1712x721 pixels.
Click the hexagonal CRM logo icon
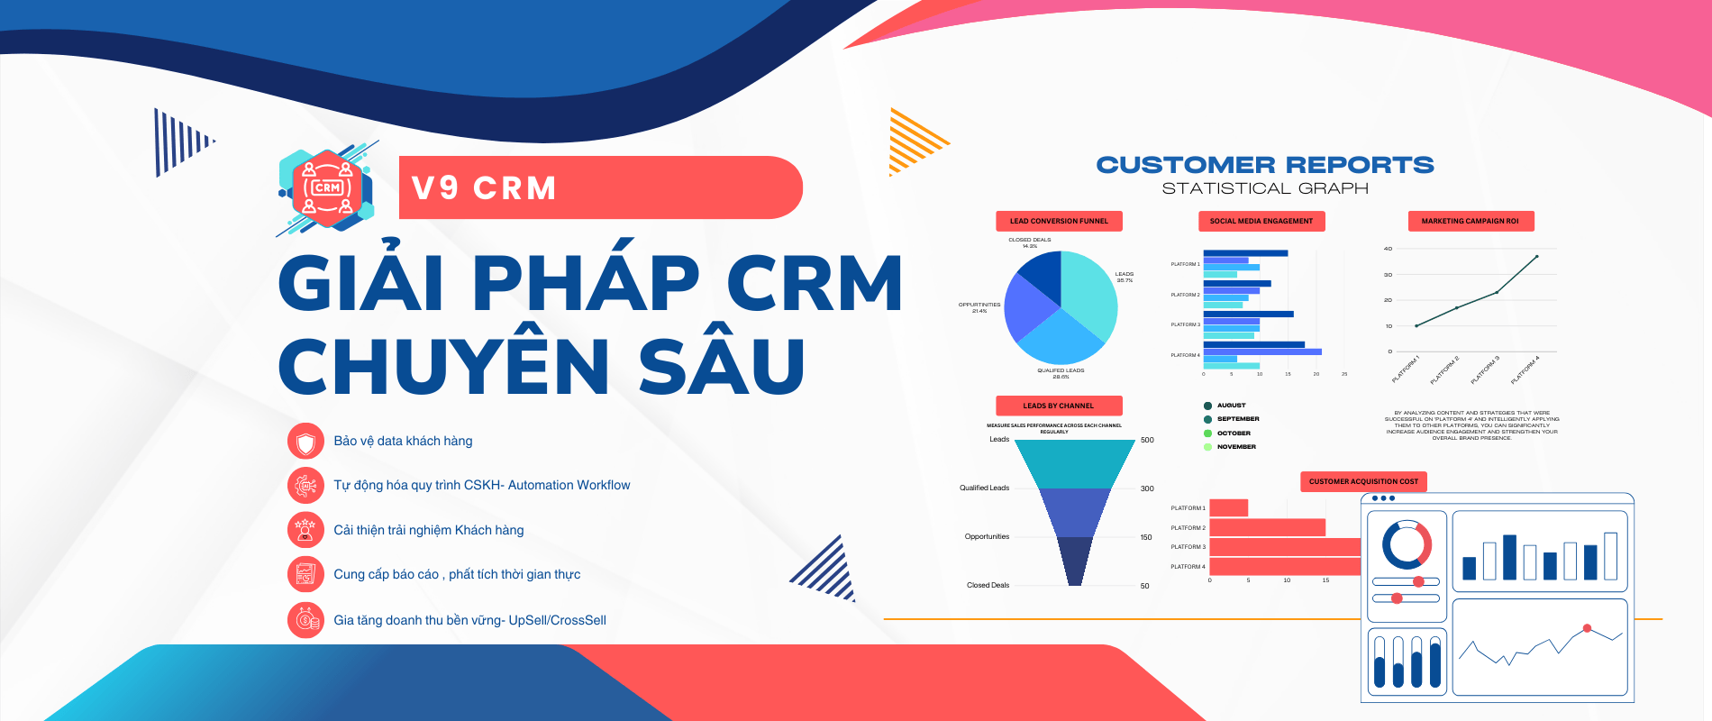[x=326, y=188]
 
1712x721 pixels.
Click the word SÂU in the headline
[x=721, y=366]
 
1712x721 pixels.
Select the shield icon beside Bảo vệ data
[x=305, y=442]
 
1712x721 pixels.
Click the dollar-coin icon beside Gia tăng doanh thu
[x=305, y=620]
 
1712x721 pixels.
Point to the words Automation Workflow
[x=569, y=485]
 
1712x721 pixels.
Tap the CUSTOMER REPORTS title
[x=1264, y=165]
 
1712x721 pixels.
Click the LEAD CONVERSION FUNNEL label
[x=1059, y=221]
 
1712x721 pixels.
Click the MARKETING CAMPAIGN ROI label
[x=1470, y=221]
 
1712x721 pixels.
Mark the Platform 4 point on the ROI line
[x=1536, y=257]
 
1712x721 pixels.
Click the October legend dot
[x=1208, y=434]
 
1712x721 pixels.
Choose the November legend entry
[x=1235, y=447]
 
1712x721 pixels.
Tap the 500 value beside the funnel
[x=1147, y=440]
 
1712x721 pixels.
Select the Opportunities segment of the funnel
[x=1075, y=512]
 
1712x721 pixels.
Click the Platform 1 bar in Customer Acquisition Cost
[x=1228, y=508]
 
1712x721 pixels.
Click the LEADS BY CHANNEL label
[x=1059, y=406]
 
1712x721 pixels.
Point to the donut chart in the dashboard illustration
[x=1407, y=544]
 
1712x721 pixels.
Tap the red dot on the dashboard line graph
[x=1587, y=628]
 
